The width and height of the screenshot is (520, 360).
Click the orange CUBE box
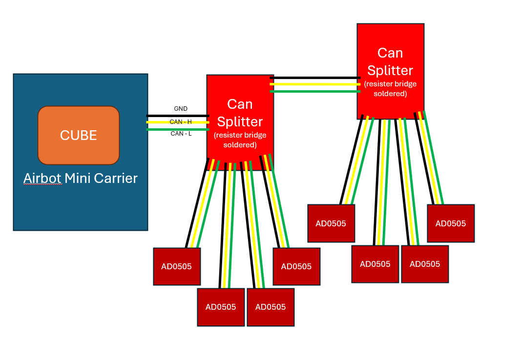pos(79,135)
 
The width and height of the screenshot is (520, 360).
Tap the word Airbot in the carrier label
pos(42,179)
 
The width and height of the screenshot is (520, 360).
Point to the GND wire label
pos(181,109)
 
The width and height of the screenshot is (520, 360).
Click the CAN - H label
pos(181,121)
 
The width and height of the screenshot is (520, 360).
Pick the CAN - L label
pos(181,134)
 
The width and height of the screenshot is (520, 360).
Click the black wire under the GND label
pos(166,116)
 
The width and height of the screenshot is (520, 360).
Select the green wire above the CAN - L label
pos(166,129)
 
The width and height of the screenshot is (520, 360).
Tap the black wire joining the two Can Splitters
pos(315,78)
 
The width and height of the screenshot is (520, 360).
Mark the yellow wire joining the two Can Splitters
pos(315,84)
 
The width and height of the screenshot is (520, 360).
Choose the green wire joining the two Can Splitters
pos(315,91)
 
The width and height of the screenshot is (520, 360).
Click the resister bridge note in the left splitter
pos(240,140)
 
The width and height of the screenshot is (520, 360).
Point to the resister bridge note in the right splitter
pos(390,88)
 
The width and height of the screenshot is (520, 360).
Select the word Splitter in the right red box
pos(390,70)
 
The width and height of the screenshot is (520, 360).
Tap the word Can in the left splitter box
pos(240,104)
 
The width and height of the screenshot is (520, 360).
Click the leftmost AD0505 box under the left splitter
pos(177,266)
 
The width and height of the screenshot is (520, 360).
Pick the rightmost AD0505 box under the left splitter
pos(296,266)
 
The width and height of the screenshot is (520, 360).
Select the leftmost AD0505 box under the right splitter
pos(331,223)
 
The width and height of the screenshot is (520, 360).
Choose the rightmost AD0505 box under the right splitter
pos(451,223)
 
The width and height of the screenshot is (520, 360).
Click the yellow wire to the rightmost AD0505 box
pos(429,161)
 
